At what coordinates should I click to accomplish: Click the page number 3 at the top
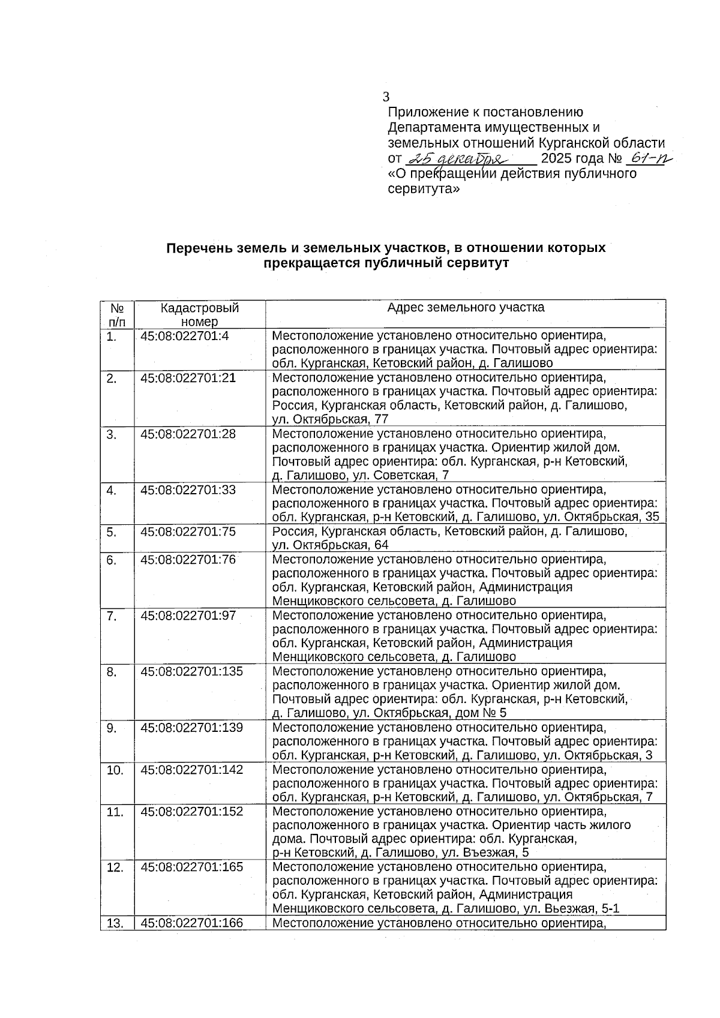pyautogui.click(x=386, y=97)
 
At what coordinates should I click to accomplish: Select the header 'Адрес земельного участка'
pyautogui.click(x=466, y=308)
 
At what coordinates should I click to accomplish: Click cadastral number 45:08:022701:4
pyautogui.click(x=185, y=336)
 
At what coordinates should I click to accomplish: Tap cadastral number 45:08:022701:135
pyautogui.click(x=192, y=671)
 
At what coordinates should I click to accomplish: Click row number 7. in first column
pyautogui.click(x=112, y=615)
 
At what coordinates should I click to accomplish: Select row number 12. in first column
pyautogui.click(x=115, y=867)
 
